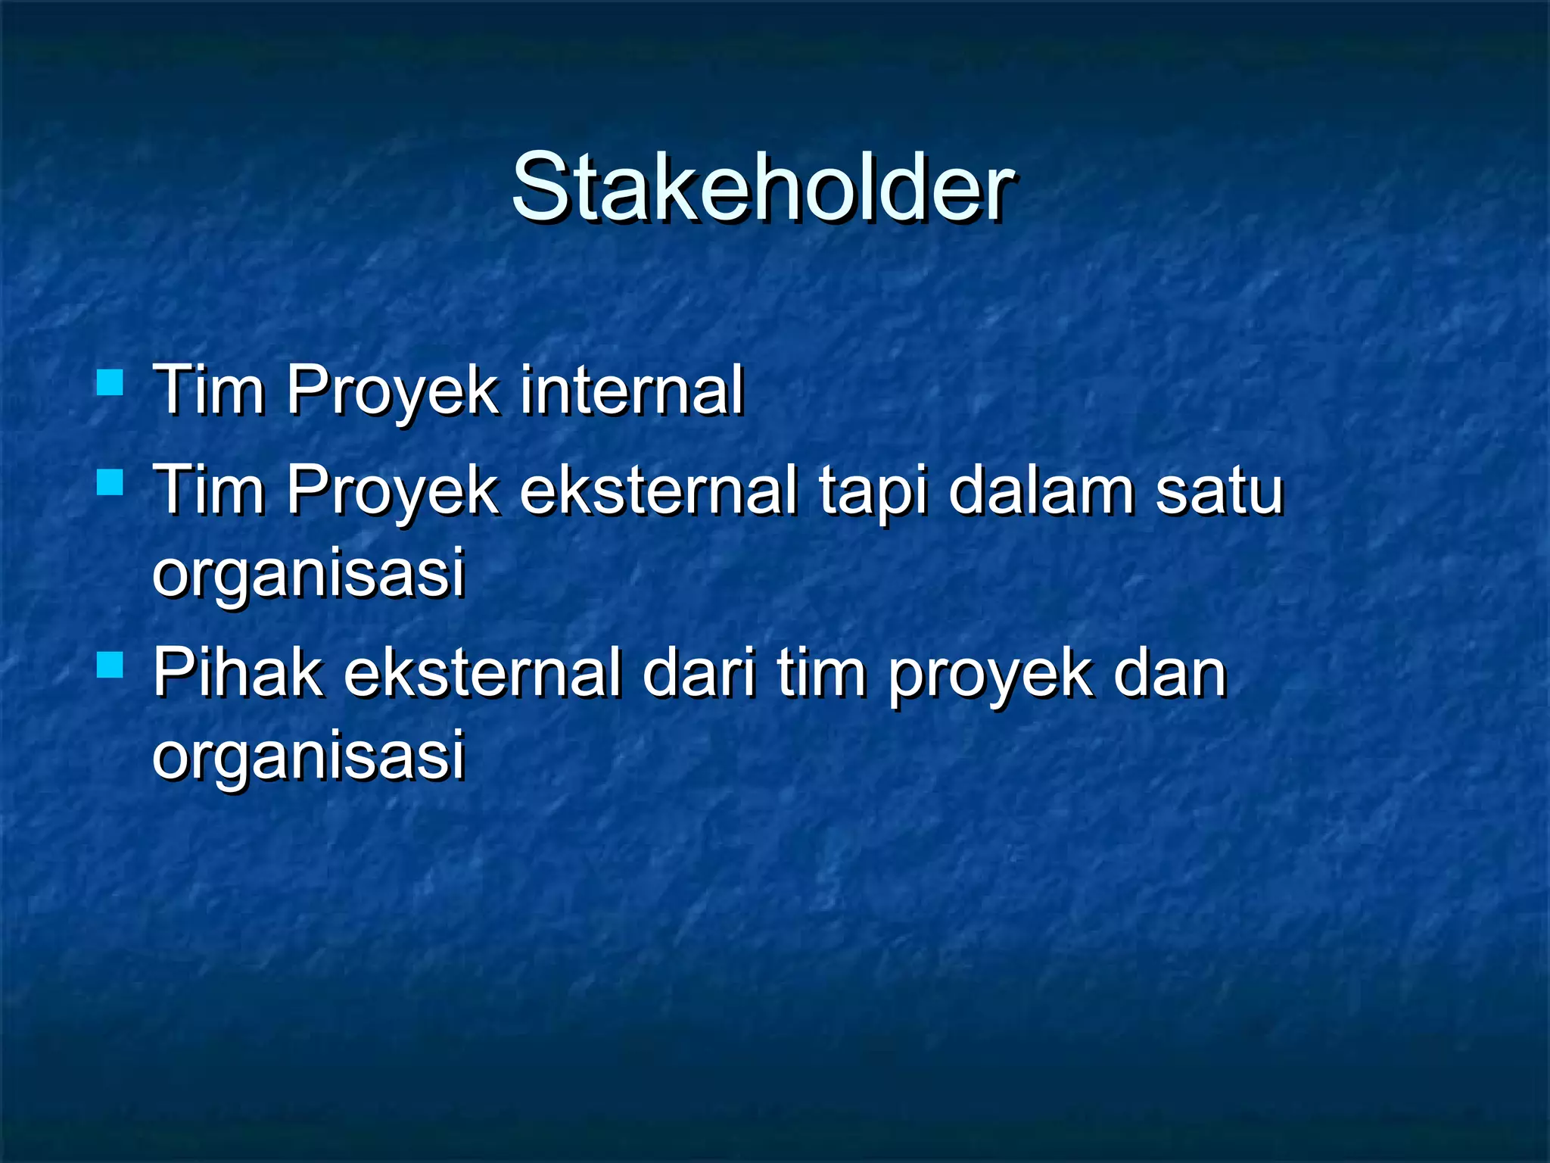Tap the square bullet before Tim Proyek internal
pos(110,382)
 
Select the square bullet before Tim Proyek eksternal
pos(110,482)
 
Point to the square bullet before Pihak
pos(110,665)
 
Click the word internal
pos(632,390)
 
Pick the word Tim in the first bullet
pos(209,390)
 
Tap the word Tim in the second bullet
pos(209,491)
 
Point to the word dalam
pos(1041,491)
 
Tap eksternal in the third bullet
pos(483,672)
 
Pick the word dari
pos(699,672)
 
